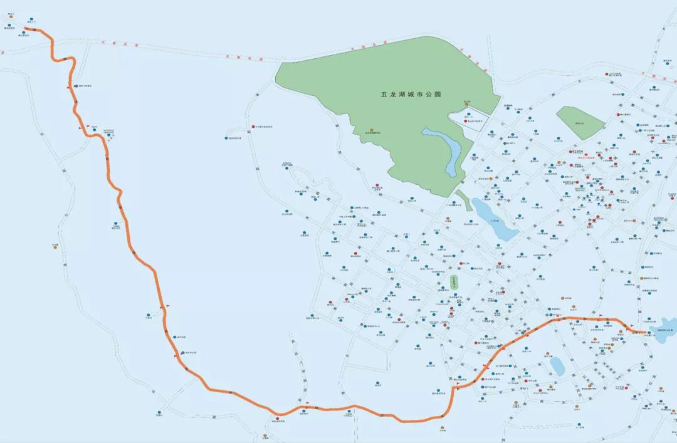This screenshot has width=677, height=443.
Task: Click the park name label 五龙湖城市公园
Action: pos(411,94)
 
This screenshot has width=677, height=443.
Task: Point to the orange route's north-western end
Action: pos(26,29)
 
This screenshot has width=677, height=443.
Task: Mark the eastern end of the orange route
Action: pos(646,331)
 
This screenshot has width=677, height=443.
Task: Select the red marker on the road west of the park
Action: pos(253,127)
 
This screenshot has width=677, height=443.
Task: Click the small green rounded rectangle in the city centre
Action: pos(454,281)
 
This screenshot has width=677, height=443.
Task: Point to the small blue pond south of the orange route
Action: pos(557,366)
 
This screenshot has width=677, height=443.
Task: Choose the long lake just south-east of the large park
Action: pos(493,219)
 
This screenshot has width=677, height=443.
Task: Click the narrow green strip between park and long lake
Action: pos(463,200)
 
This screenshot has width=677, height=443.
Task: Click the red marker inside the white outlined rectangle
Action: pos(465,120)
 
